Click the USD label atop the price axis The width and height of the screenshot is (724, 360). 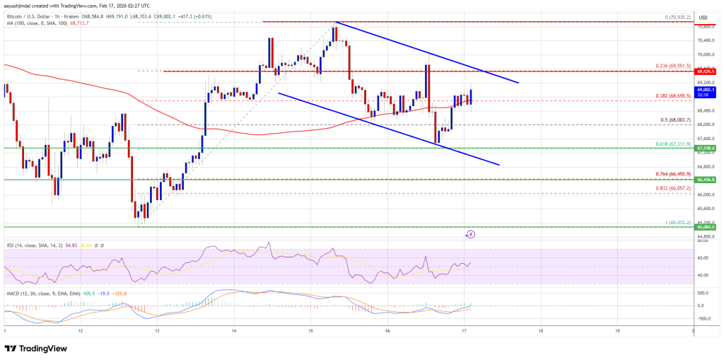point(703,18)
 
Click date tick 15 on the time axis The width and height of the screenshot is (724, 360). point(310,330)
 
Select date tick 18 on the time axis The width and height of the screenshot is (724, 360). point(540,330)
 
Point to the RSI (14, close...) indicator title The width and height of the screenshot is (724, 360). point(28,245)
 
